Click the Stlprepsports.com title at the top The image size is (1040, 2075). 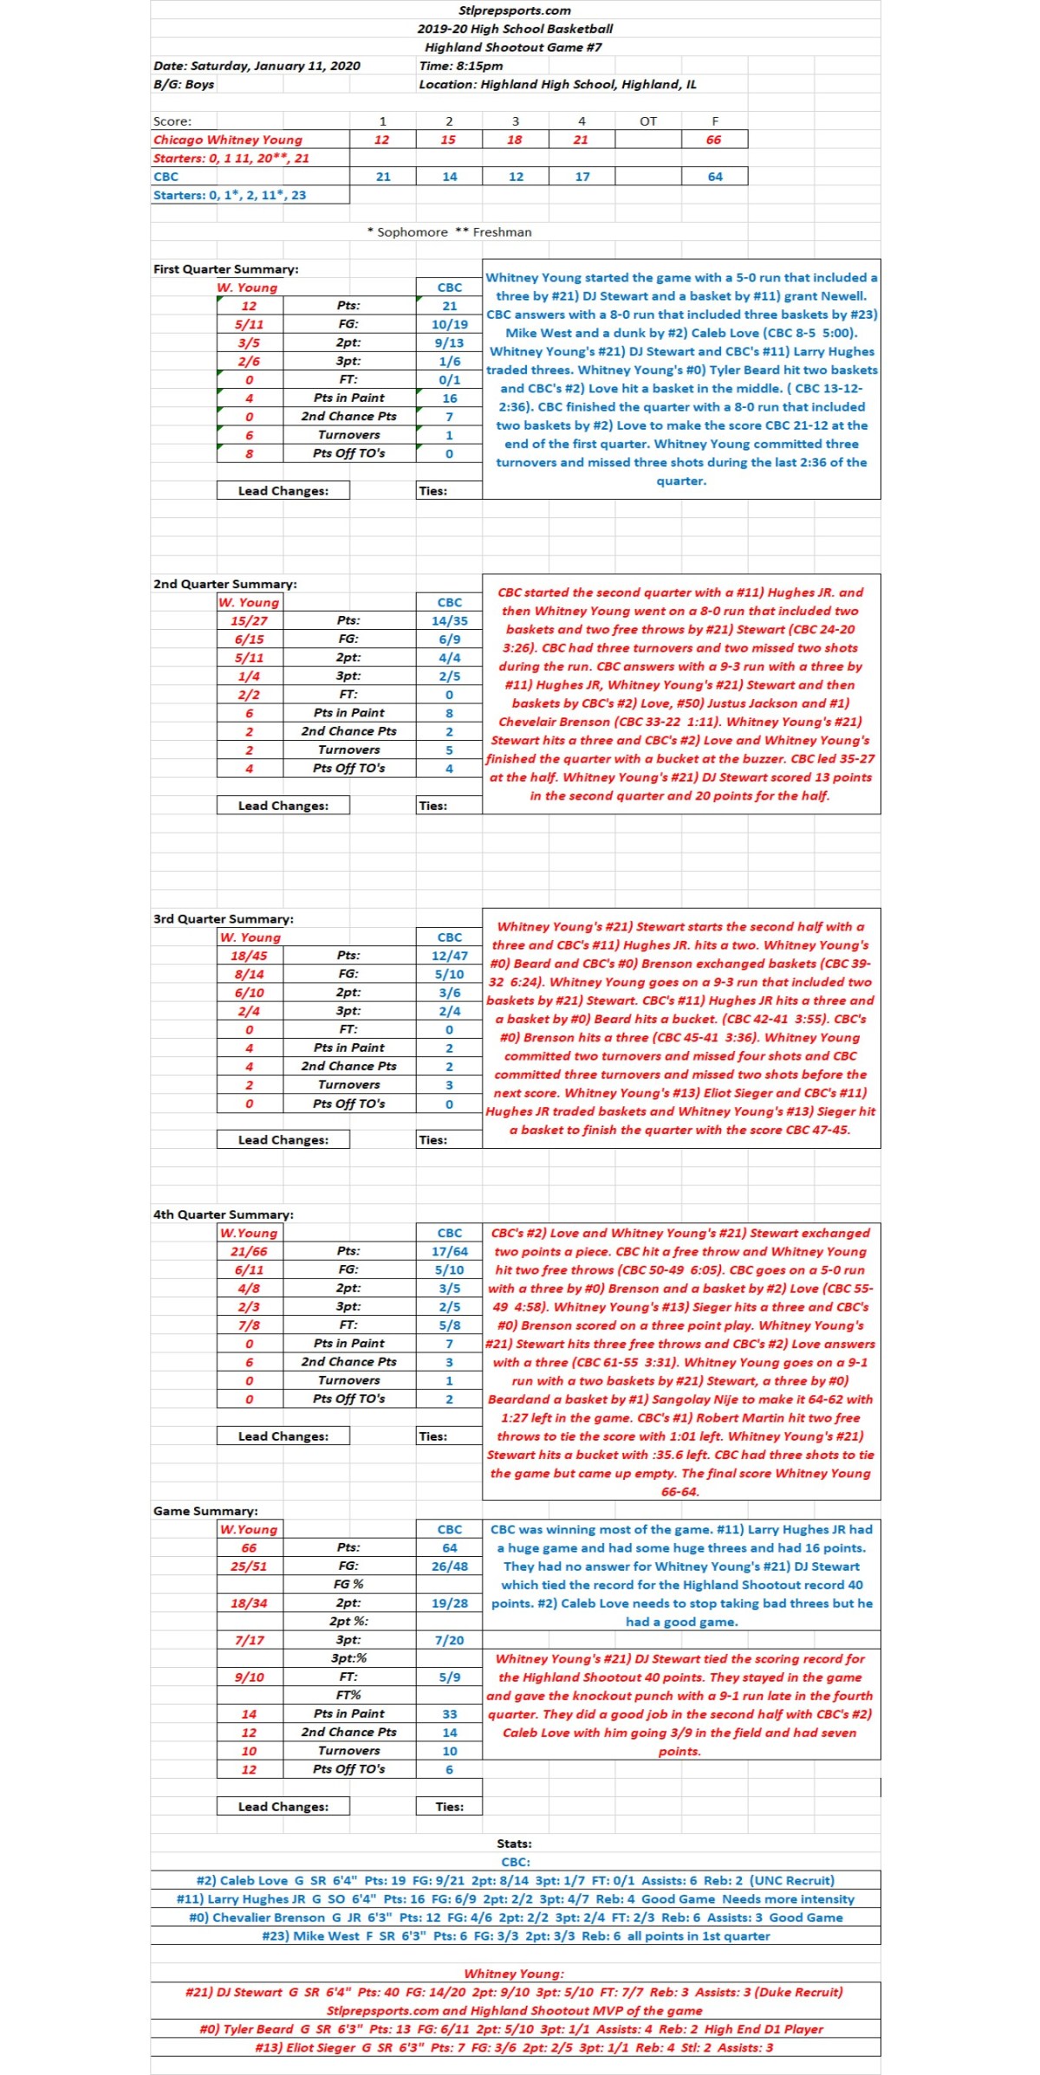[515, 10]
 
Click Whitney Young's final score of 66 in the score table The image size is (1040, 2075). [713, 139]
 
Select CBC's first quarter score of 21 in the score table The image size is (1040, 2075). [383, 177]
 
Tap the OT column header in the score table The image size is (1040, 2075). [647, 121]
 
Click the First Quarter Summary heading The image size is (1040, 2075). [225, 269]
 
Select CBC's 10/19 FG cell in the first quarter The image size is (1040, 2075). [449, 325]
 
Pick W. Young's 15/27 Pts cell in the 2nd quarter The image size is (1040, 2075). [249, 621]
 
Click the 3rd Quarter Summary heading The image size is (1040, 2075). [223, 919]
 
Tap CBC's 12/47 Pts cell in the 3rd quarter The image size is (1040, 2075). [449, 956]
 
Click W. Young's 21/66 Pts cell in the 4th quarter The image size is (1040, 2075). [249, 1251]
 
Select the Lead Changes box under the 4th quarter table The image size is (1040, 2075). [283, 1436]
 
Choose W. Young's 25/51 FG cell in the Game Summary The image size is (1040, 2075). [249, 1566]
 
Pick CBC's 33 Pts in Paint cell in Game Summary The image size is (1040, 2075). [449, 1714]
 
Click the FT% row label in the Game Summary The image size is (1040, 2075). [348, 1695]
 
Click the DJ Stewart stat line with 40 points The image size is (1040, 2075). [515, 1992]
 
